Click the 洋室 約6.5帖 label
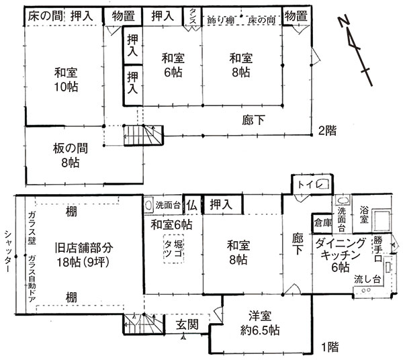click(x=262, y=324)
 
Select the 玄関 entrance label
click(x=187, y=324)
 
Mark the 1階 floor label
click(x=329, y=347)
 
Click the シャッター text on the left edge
click(x=7, y=250)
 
